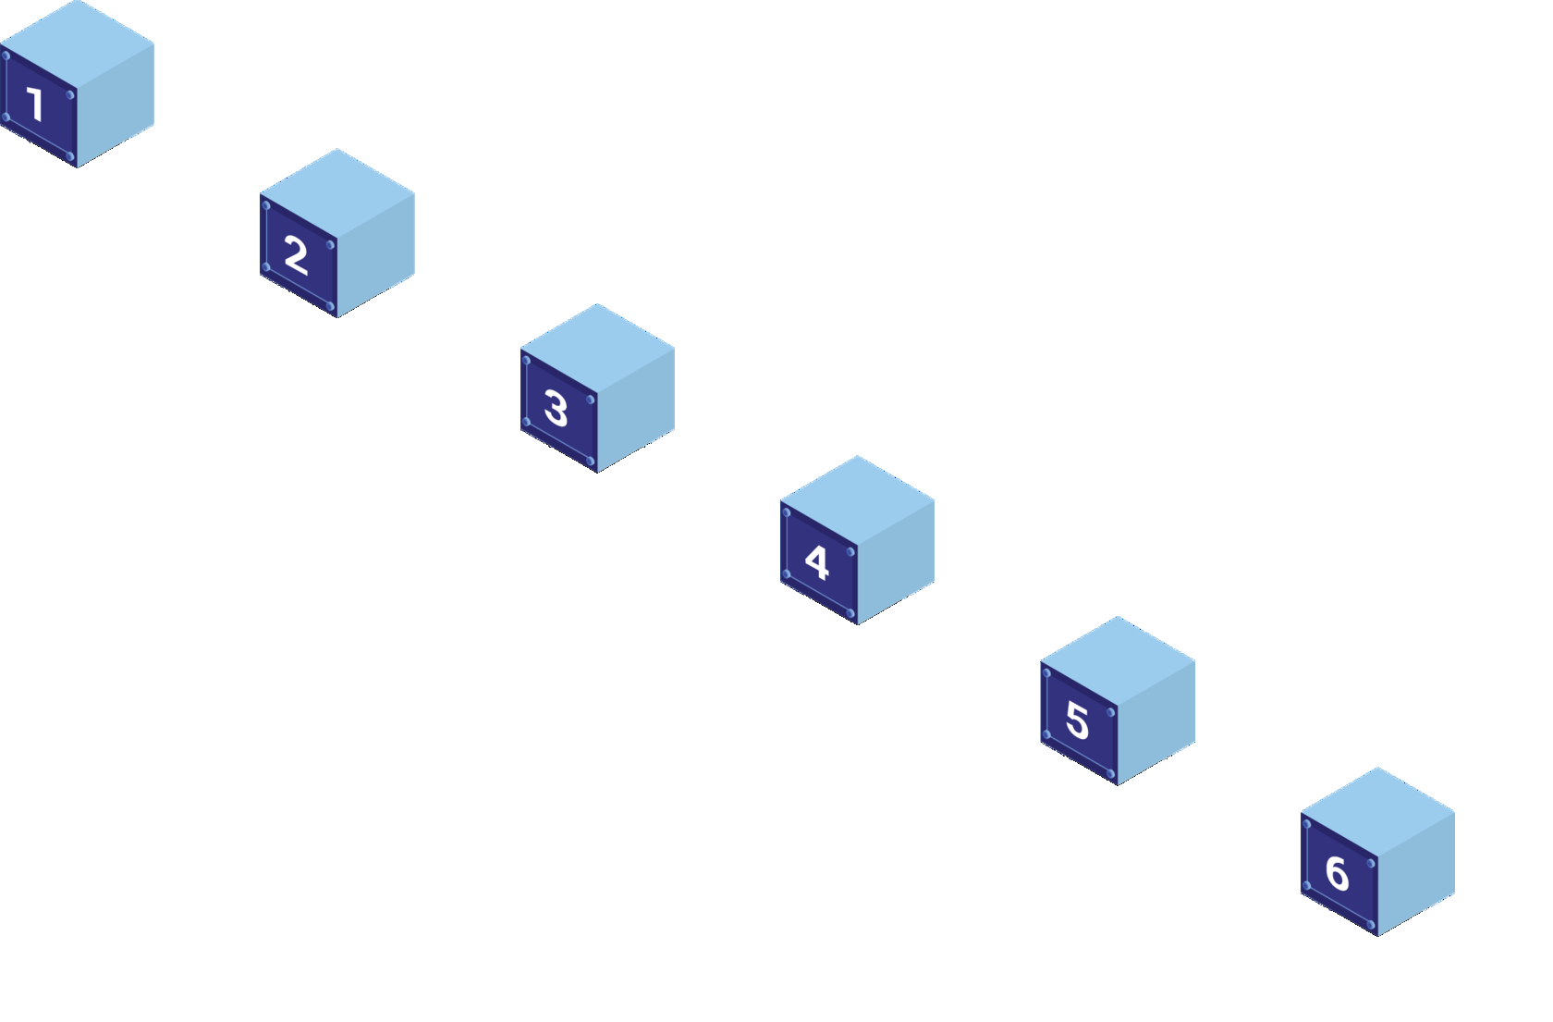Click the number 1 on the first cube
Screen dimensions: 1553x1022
click(36, 104)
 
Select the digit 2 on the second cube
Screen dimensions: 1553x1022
click(296, 254)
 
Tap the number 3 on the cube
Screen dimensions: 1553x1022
click(556, 408)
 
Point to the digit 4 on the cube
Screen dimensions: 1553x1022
click(816, 561)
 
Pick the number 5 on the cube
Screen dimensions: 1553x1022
click(1077, 720)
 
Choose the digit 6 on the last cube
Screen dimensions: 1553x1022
click(1337, 872)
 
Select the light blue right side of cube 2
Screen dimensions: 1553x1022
click(376, 254)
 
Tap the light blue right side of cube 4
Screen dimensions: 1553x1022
click(896, 561)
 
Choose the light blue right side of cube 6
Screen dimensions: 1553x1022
click(1416, 872)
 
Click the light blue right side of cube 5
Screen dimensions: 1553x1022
click(1156, 721)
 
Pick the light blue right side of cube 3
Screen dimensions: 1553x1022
click(636, 409)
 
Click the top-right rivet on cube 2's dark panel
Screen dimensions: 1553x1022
click(330, 245)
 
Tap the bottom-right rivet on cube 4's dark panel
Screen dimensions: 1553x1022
click(850, 613)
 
